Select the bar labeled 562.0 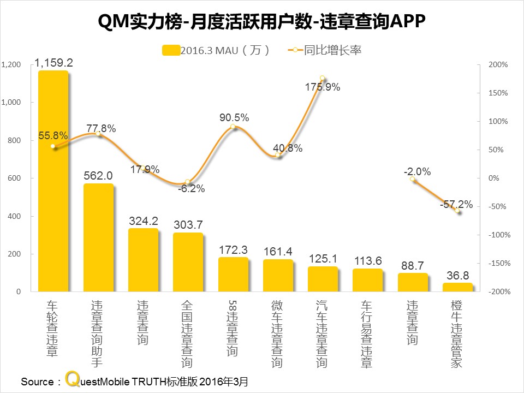[98, 238]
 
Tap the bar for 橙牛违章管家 [457, 287]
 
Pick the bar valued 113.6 [367, 280]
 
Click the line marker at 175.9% [322, 79]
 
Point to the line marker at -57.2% [457, 210]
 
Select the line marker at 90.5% [233, 127]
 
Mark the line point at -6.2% [188, 182]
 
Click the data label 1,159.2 [53, 63]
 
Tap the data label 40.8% [287, 148]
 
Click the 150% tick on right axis [498, 93]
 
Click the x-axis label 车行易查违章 [367, 333]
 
